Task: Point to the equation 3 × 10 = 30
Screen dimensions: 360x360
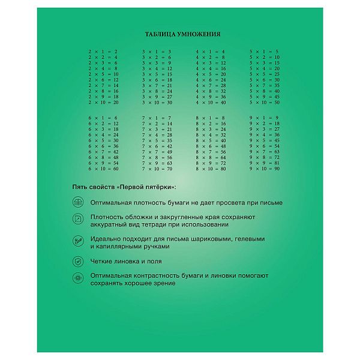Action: coord(157,103)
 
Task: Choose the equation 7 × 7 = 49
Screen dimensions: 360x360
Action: coord(157,152)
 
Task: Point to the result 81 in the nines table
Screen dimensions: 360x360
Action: coord(277,163)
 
